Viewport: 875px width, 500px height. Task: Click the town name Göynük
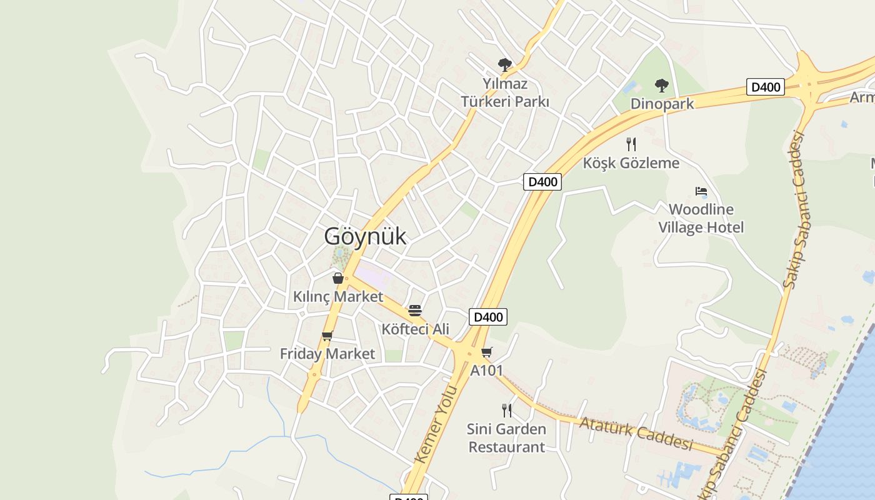pyautogui.click(x=365, y=236)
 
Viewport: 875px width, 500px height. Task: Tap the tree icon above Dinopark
pyautogui.click(x=661, y=86)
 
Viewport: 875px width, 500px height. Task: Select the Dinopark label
pyautogui.click(x=662, y=103)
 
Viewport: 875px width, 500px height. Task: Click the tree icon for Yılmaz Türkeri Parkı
pyautogui.click(x=504, y=64)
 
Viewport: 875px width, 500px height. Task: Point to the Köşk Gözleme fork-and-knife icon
pyautogui.click(x=631, y=144)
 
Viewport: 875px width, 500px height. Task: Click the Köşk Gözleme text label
pyautogui.click(x=631, y=163)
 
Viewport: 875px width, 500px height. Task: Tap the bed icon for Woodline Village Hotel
pyautogui.click(x=701, y=191)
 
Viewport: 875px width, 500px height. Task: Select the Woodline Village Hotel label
pyautogui.click(x=701, y=218)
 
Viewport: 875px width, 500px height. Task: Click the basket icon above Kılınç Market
pyautogui.click(x=338, y=278)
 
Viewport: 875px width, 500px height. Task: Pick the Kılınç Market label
pyautogui.click(x=338, y=296)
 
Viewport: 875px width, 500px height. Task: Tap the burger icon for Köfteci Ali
pyautogui.click(x=414, y=311)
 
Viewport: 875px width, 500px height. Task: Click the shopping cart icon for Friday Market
pyautogui.click(x=327, y=336)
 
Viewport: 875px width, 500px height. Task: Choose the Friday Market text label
pyautogui.click(x=327, y=354)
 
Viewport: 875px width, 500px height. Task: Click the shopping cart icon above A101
pyautogui.click(x=486, y=352)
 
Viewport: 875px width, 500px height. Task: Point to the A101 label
pyautogui.click(x=486, y=370)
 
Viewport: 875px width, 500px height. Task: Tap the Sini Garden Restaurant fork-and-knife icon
pyautogui.click(x=506, y=410)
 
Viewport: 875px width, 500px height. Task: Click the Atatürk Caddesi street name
pyautogui.click(x=636, y=432)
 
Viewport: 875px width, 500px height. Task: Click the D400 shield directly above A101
pyautogui.click(x=488, y=317)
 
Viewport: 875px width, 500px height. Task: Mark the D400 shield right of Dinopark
pyautogui.click(x=766, y=87)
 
